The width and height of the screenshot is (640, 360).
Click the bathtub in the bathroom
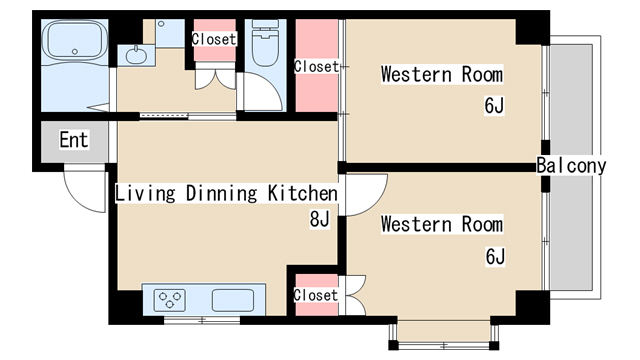pyautogui.click(x=75, y=40)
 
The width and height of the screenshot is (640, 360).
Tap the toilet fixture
pyautogui.click(x=265, y=42)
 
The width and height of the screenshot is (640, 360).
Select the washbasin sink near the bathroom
pyautogui.click(x=136, y=56)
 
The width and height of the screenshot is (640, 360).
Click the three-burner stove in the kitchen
pyautogui.click(x=169, y=300)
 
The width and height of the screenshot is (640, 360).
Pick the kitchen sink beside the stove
pyautogui.click(x=233, y=300)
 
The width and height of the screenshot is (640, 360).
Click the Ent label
pyautogui.click(x=74, y=140)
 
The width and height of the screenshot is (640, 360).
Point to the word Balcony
pyautogui.click(x=571, y=166)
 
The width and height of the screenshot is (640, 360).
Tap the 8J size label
pyautogui.click(x=320, y=219)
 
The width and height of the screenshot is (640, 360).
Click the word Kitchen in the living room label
pyautogui.click(x=303, y=193)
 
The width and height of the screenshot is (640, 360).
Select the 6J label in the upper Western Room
pyautogui.click(x=494, y=105)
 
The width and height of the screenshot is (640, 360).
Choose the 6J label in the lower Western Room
pyautogui.click(x=495, y=256)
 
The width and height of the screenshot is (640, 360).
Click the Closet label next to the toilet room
pyautogui.click(x=214, y=39)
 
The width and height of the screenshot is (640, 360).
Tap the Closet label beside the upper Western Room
pyautogui.click(x=316, y=67)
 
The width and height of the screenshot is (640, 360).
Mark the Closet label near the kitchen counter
pyautogui.click(x=316, y=295)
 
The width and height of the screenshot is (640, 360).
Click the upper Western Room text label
pyautogui.click(x=442, y=74)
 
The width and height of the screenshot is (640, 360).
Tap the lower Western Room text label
pyautogui.click(x=442, y=224)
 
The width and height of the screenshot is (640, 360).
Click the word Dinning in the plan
pyautogui.click(x=222, y=193)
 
